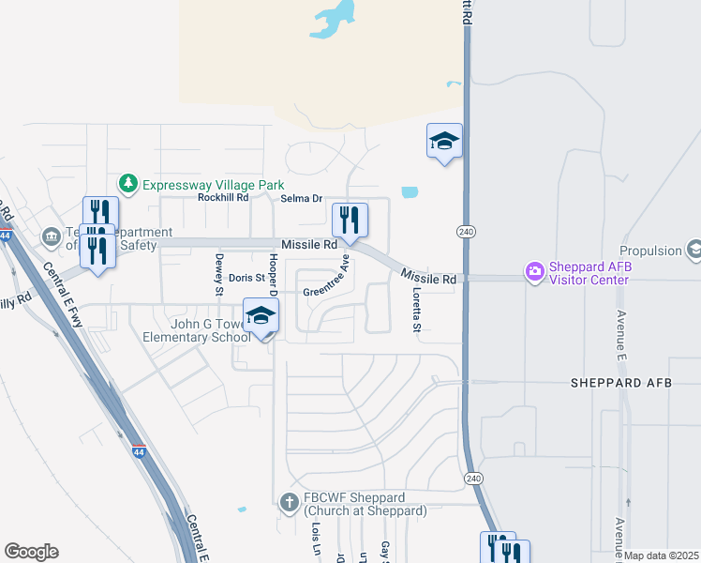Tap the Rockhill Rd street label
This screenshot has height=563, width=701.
coord(223,198)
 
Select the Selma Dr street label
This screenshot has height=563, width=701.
coord(302,199)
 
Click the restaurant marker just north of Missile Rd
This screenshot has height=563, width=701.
coord(350,221)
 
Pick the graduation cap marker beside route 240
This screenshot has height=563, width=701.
coord(444,142)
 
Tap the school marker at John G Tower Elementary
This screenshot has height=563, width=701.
coord(261,316)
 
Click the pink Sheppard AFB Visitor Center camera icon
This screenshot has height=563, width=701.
coord(535,272)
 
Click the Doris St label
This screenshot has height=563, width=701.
coord(247,279)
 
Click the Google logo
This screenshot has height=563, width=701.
coord(31,551)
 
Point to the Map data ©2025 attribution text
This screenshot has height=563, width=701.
coord(662,555)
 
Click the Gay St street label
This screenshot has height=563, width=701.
coord(384,551)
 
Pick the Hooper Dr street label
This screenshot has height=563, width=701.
coord(274,272)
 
